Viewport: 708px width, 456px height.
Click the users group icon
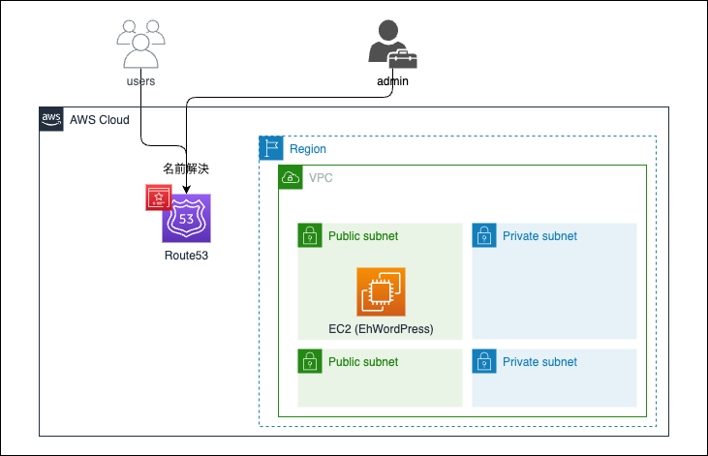coord(140,43)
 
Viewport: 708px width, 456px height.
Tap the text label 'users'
coord(140,81)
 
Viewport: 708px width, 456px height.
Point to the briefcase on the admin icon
coord(403,59)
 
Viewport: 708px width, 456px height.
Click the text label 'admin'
coord(392,81)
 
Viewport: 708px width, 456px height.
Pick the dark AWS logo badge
coord(50,119)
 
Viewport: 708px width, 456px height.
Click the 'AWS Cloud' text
coord(100,120)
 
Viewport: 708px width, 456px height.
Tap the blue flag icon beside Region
coord(270,149)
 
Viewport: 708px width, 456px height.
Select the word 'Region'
coord(308,149)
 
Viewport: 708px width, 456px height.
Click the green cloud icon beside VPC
coord(290,177)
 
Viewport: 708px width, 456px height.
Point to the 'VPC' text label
coord(321,178)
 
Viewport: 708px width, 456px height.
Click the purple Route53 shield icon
coord(186,218)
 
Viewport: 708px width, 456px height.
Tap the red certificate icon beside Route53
coord(157,197)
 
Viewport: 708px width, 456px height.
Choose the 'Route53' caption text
coord(186,257)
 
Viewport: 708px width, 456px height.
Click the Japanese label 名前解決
coord(186,168)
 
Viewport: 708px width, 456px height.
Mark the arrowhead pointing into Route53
coord(186,188)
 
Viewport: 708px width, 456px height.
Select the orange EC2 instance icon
coord(381,292)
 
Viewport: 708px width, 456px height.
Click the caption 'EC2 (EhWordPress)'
coord(381,329)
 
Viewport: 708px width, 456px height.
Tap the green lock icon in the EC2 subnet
coord(309,235)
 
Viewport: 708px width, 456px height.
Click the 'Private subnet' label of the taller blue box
coord(539,236)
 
